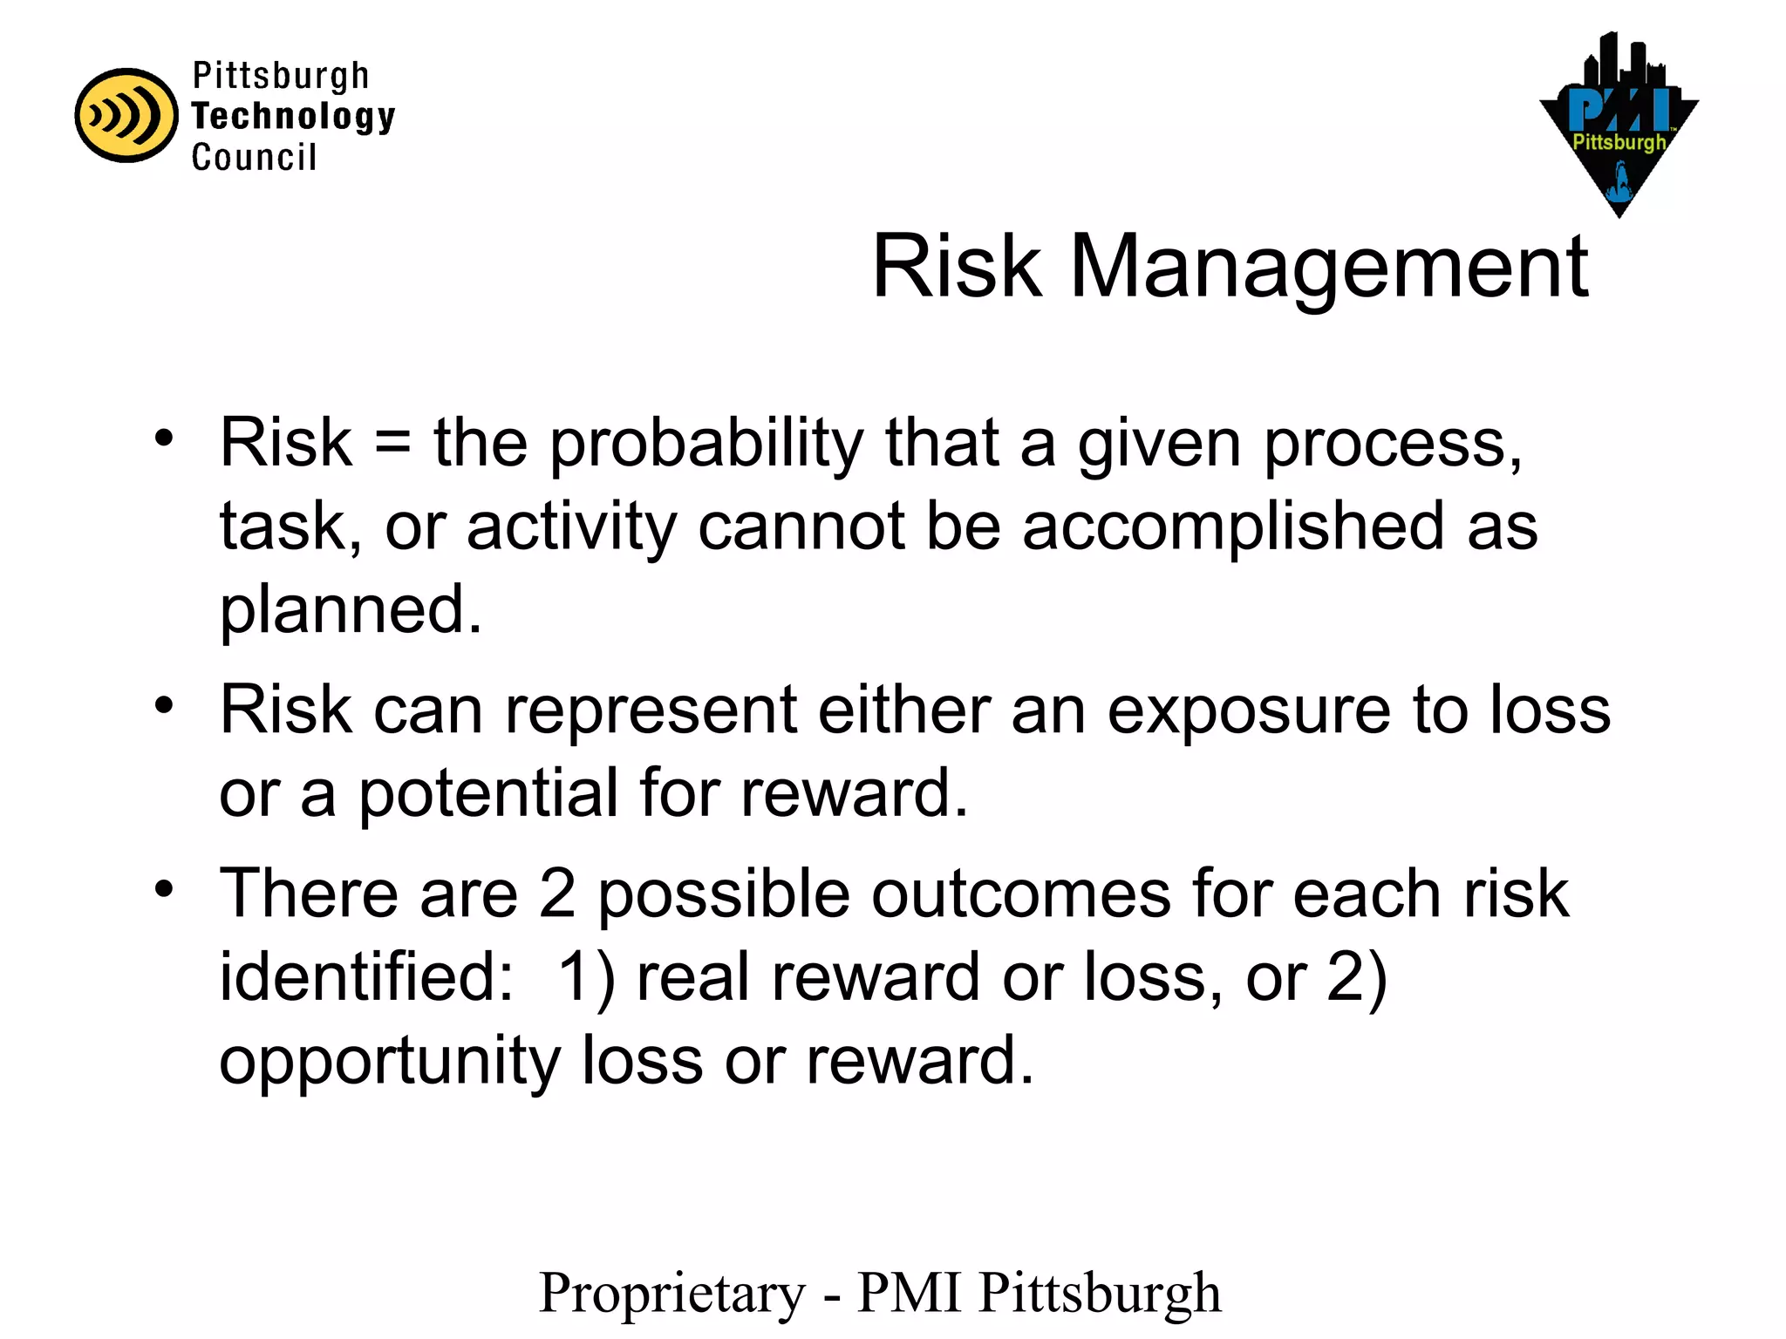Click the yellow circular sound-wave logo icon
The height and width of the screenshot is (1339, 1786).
(x=126, y=115)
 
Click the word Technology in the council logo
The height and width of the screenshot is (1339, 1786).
(x=293, y=116)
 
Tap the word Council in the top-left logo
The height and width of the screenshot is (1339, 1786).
(x=254, y=158)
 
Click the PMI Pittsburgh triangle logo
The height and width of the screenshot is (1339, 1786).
(x=1619, y=131)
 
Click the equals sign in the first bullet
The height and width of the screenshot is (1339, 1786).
(x=392, y=443)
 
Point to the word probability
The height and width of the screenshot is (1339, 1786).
(x=706, y=445)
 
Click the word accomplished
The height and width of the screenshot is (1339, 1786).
(x=1233, y=527)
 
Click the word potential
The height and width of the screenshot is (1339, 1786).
(x=488, y=793)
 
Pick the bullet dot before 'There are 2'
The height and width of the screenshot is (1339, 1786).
(x=164, y=890)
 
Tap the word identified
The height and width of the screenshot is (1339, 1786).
(x=366, y=976)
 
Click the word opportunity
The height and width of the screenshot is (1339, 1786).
(x=389, y=1062)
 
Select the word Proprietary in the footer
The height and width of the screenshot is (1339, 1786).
(x=672, y=1294)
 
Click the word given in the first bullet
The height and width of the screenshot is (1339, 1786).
(x=1159, y=445)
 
